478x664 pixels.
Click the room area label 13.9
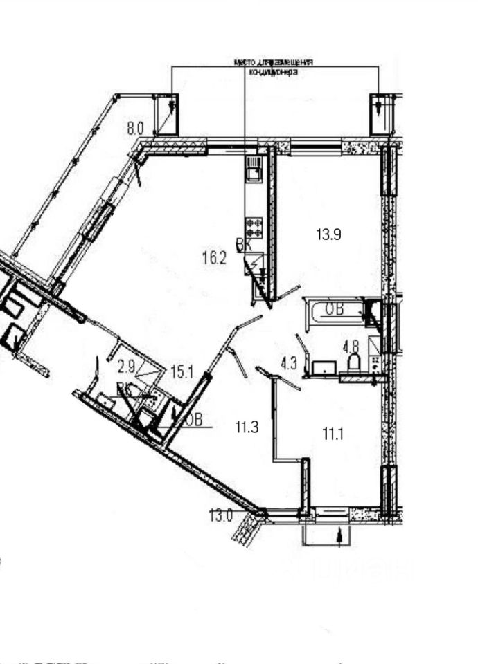point(329,234)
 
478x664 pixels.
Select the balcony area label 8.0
point(134,127)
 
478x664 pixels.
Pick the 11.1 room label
point(333,434)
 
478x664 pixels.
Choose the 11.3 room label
point(246,427)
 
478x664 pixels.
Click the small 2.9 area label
point(126,366)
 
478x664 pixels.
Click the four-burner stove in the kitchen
point(254,228)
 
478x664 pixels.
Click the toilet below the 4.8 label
point(353,364)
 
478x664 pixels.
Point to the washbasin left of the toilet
point(324,367)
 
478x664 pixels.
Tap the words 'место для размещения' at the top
point(274,62)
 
